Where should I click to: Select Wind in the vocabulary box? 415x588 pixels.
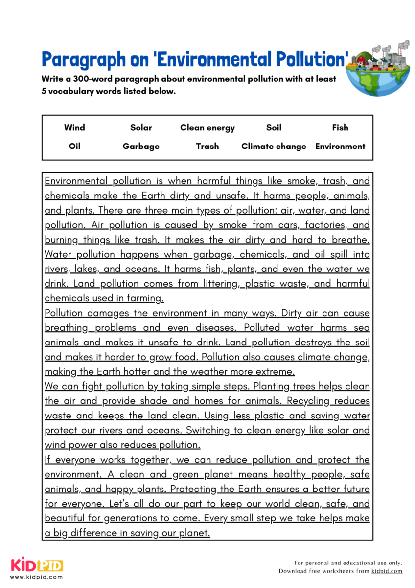coord(74,128)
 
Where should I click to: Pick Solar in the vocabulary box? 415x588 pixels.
coord(141,128)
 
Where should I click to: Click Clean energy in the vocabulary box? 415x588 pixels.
coord(207,128)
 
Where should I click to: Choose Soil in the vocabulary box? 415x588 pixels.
coord(274,128)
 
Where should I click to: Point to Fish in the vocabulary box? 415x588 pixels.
coord(340,128)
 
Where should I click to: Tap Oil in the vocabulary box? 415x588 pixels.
coord(74,146)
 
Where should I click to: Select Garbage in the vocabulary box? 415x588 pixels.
coord(141,146)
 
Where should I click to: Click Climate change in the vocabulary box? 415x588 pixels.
coord(274,146)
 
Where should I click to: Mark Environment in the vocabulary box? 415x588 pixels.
coord(340,146)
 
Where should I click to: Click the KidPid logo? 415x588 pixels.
coord(37,566)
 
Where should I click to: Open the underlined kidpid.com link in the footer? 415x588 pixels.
coord(387,571)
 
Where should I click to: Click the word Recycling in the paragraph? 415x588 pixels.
coord(308,401)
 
